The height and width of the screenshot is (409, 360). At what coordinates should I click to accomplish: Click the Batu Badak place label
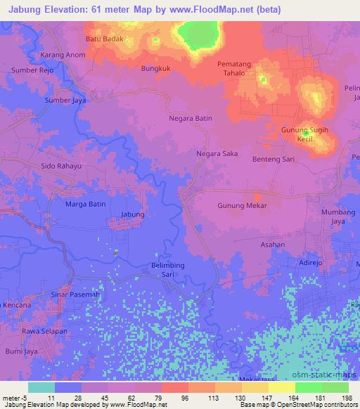pyautogui.click(x=105, y=39)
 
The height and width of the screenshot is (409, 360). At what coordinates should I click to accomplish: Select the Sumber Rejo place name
pyautogui.click(x=32, y=70)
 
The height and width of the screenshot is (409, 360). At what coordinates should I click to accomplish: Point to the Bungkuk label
pyautogui.click(x=156, y=69)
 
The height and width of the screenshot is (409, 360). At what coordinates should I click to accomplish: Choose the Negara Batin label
pyautogui.click(x=191, y=119)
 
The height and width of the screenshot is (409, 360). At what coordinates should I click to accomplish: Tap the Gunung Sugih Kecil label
pyautogui.click(x=304, y=135)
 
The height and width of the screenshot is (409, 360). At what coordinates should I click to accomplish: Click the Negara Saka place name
pyautogui.click(x=217, y=153)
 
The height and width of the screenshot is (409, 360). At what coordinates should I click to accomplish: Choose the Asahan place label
pyautogui.click(x=272, y=245)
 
